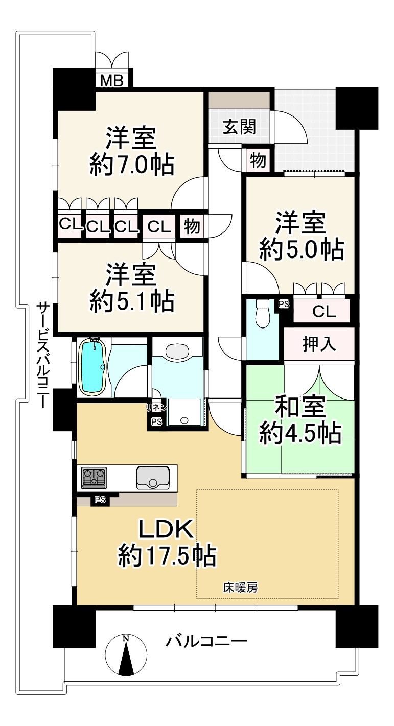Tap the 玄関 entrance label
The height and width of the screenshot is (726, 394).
239,127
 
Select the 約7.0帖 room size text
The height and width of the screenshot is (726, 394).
132,165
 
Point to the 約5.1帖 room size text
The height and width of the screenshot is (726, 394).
132,302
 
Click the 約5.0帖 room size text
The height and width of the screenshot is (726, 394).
300,249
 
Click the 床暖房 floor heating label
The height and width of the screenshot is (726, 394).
240,588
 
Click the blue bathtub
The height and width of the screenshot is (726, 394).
92,366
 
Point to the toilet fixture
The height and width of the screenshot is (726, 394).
262,313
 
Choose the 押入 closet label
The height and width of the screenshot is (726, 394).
319,344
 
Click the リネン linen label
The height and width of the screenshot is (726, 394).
156,407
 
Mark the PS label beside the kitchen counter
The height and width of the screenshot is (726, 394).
100,500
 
